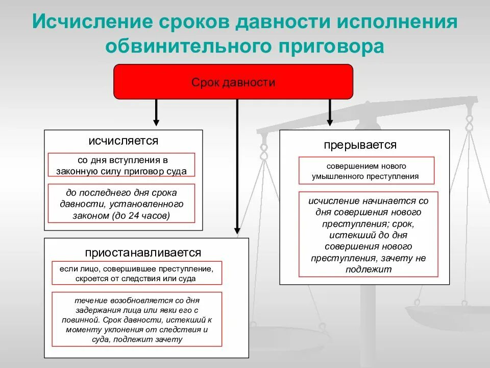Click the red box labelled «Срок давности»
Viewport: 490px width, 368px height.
[233, 82]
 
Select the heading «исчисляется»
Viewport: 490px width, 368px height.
[123, 141]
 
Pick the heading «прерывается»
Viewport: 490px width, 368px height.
[360, 145]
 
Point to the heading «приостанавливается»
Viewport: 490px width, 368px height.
[143, 252]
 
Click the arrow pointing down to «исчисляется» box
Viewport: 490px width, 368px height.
[156, 112]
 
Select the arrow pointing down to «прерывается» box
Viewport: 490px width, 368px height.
[330, 112]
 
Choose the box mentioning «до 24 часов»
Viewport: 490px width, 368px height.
[122, 203]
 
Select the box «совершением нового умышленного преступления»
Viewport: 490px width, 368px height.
[366, 171]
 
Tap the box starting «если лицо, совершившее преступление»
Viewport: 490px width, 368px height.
[137, 273]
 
